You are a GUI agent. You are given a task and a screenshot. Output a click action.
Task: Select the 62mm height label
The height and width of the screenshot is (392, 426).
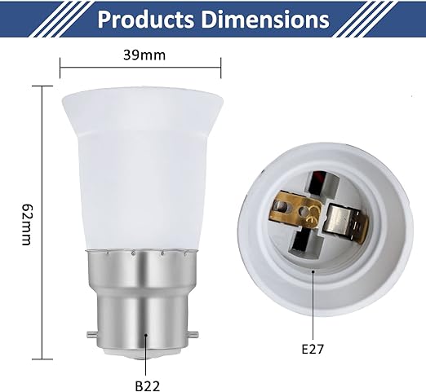point(26,220)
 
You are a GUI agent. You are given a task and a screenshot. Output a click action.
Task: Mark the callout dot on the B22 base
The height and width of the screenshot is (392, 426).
point(145,334)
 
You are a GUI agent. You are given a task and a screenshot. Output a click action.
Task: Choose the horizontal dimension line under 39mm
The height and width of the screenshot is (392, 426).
point(141,69)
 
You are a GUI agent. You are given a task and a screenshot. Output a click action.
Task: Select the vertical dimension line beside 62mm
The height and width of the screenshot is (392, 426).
point(42,220)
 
